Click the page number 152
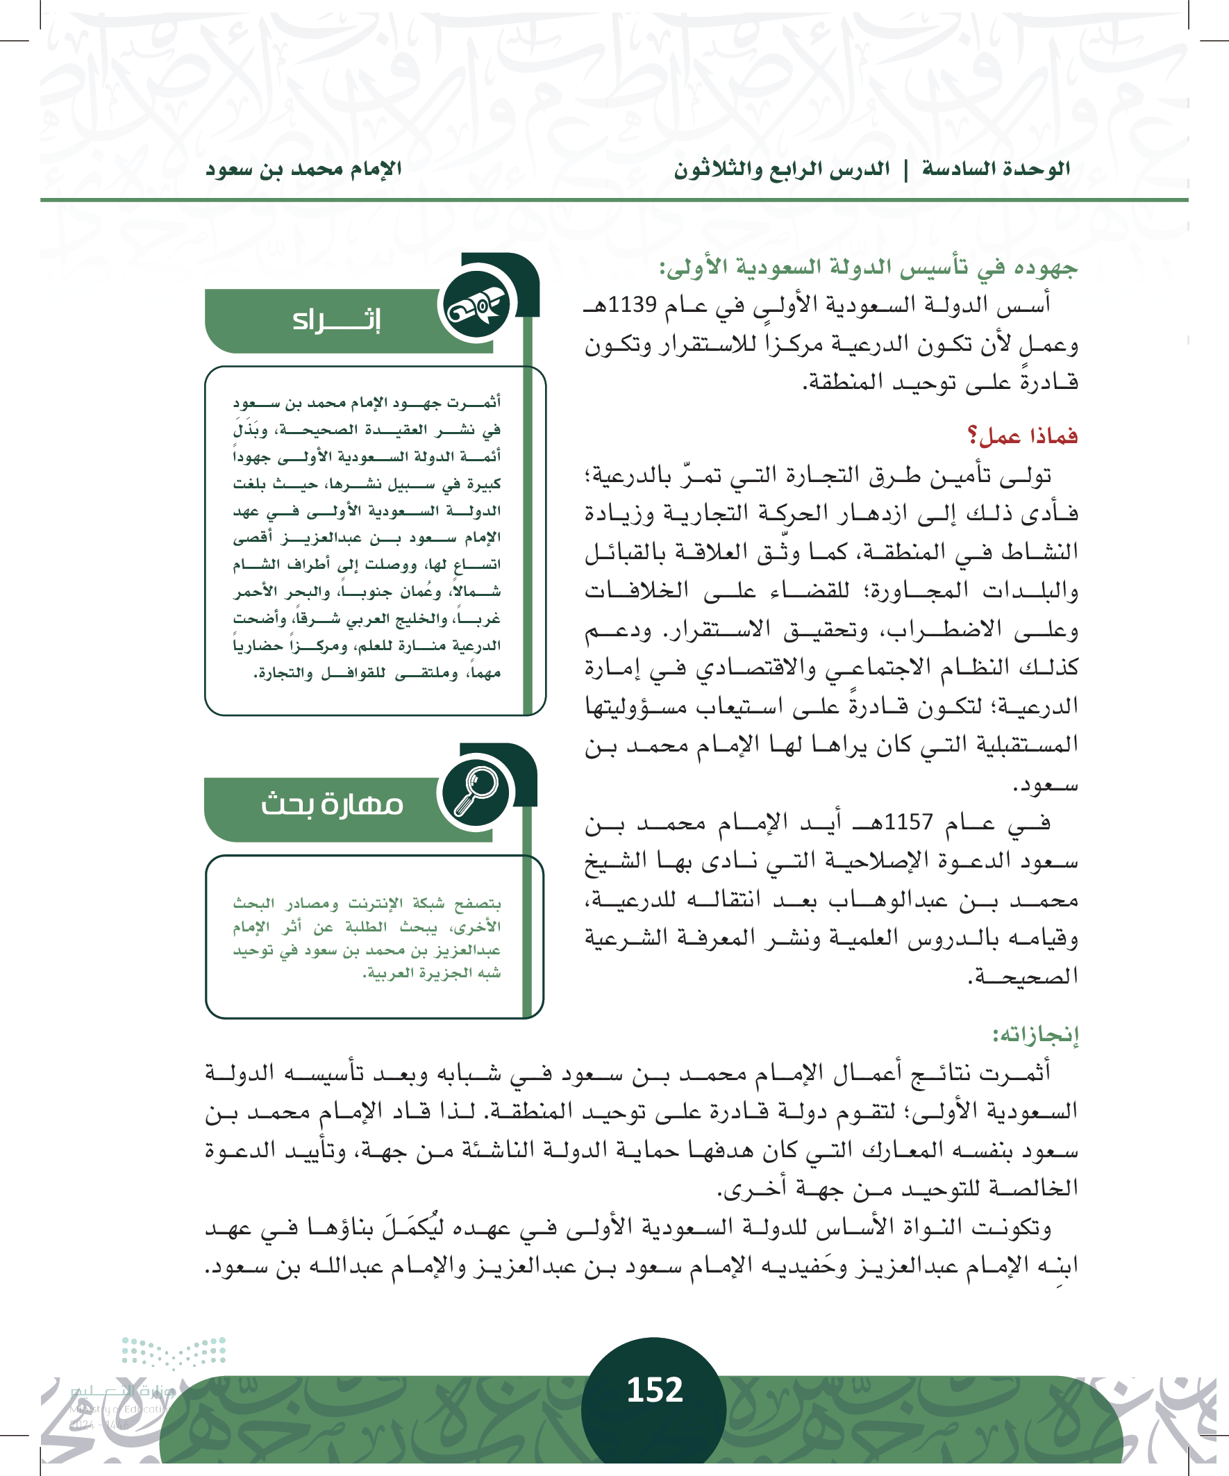tap(654, 1390)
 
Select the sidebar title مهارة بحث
tap(332, 804)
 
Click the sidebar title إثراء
tap(337, 320)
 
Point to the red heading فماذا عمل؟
tap(1022, 436)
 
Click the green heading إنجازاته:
tap(1035, 1034)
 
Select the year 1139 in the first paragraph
tap(632, 305)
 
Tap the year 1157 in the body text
tap(909, 821)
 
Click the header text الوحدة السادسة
tap(996, 169)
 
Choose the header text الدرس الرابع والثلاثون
tap(781, 169)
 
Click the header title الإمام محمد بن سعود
tap(303, 169)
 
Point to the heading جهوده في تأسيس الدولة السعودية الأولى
tap(868, 267)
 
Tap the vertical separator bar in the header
tap(905, 169)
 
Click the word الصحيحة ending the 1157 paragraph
tap(1023, 977)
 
